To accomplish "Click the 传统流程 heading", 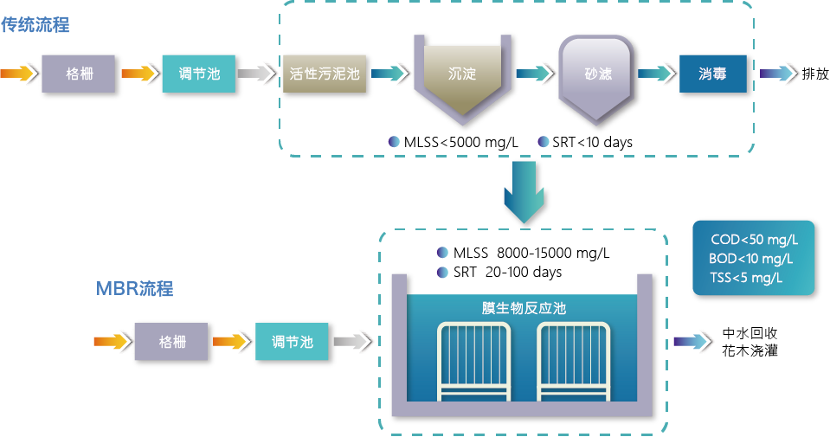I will pos(35,25).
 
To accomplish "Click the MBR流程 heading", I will pos(134,288).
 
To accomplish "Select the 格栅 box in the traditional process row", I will pos(80,74).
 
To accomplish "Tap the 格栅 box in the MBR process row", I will pos(172,342).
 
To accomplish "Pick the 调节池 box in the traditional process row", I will pos(198,74).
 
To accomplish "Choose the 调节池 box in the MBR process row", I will pos(293,342).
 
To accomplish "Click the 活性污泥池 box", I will pos(324,74).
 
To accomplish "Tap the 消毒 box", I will pos(712,74).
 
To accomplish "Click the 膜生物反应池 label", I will pos(524,308).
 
